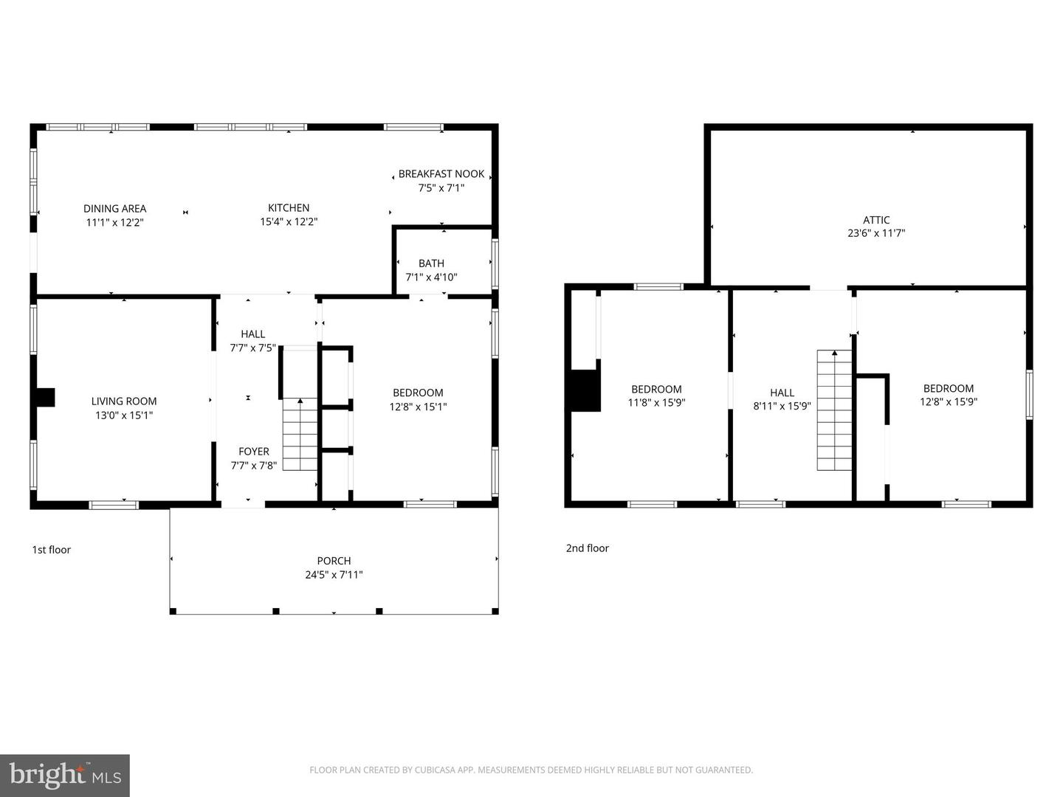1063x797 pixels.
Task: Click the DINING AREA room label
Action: pos(114,209)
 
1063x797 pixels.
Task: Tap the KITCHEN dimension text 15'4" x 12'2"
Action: pos(289,221)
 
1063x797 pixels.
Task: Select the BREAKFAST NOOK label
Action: pos(441,174)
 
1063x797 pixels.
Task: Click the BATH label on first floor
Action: pos(431,263)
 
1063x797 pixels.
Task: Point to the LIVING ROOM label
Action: pos(124,401)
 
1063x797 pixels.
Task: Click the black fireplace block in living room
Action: pos(47,397)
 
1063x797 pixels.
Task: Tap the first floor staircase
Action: pos(300,435)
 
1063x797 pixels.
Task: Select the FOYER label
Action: pos(254,452)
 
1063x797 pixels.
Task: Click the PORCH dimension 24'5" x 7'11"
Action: pos(334,575)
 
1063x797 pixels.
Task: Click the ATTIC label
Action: pos(876,220)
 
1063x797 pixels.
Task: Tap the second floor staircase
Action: pos(834,410)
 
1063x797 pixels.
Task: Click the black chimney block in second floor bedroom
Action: pos(585,390)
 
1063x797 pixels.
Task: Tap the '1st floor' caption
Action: pos(52,550)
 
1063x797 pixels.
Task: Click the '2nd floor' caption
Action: pos(588,548)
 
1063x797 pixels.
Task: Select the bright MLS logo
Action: pos(65,776)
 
